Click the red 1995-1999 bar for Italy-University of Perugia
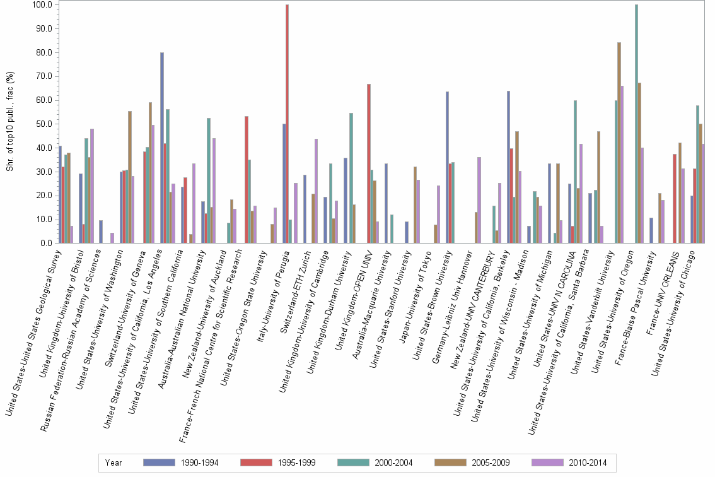pos(287,124)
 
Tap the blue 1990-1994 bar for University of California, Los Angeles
pos(162,148)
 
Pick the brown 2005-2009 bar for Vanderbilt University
pos(619,143)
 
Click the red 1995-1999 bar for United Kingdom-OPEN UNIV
pos(369,163)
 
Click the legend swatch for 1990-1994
pos(160,462)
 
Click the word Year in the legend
pos(113,462)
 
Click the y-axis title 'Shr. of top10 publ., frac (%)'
pos(9,123)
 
